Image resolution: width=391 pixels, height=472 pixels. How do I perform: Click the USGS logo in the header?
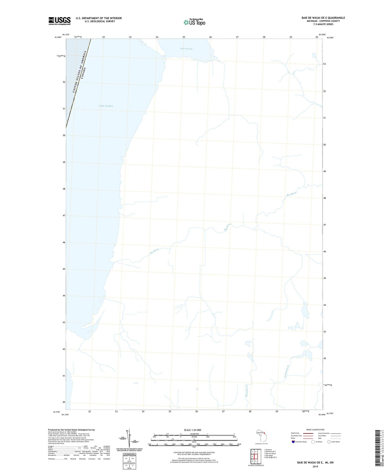[x=60, y=21]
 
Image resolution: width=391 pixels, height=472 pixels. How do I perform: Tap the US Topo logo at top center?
[x=194, y=22]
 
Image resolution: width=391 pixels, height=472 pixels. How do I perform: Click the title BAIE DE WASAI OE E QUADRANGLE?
[x=323, y=18]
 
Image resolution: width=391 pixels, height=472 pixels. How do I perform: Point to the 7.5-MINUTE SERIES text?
[x=323, y=24]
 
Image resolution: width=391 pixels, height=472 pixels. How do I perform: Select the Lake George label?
[x=186, y=49]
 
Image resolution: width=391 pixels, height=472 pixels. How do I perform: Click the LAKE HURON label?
[x=106, y=106]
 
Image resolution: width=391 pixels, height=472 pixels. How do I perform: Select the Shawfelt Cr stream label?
[x=247, y=391]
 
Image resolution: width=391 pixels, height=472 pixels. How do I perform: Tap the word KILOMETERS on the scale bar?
[x=194, y=434]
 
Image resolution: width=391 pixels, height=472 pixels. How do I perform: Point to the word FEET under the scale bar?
[x=194, y=447]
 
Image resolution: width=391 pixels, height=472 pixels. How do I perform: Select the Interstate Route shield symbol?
[x=293, y=442]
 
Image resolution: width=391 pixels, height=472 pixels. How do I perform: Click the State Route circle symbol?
[x=329, y=442]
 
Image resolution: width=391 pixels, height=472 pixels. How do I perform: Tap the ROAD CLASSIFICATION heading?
[x=315, y=430]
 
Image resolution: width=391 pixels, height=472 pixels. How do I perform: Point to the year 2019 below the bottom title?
[x=315, y=466]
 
